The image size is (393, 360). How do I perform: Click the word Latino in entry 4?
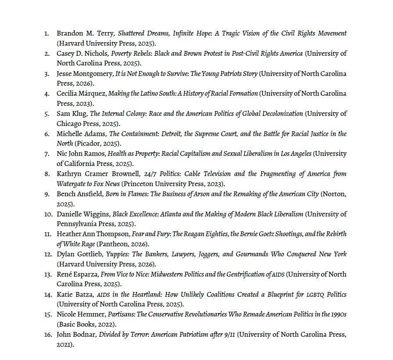pyautogui.click(x=145, y=94)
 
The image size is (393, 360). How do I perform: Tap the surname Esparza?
pyautogui.click(x=85, y=274)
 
